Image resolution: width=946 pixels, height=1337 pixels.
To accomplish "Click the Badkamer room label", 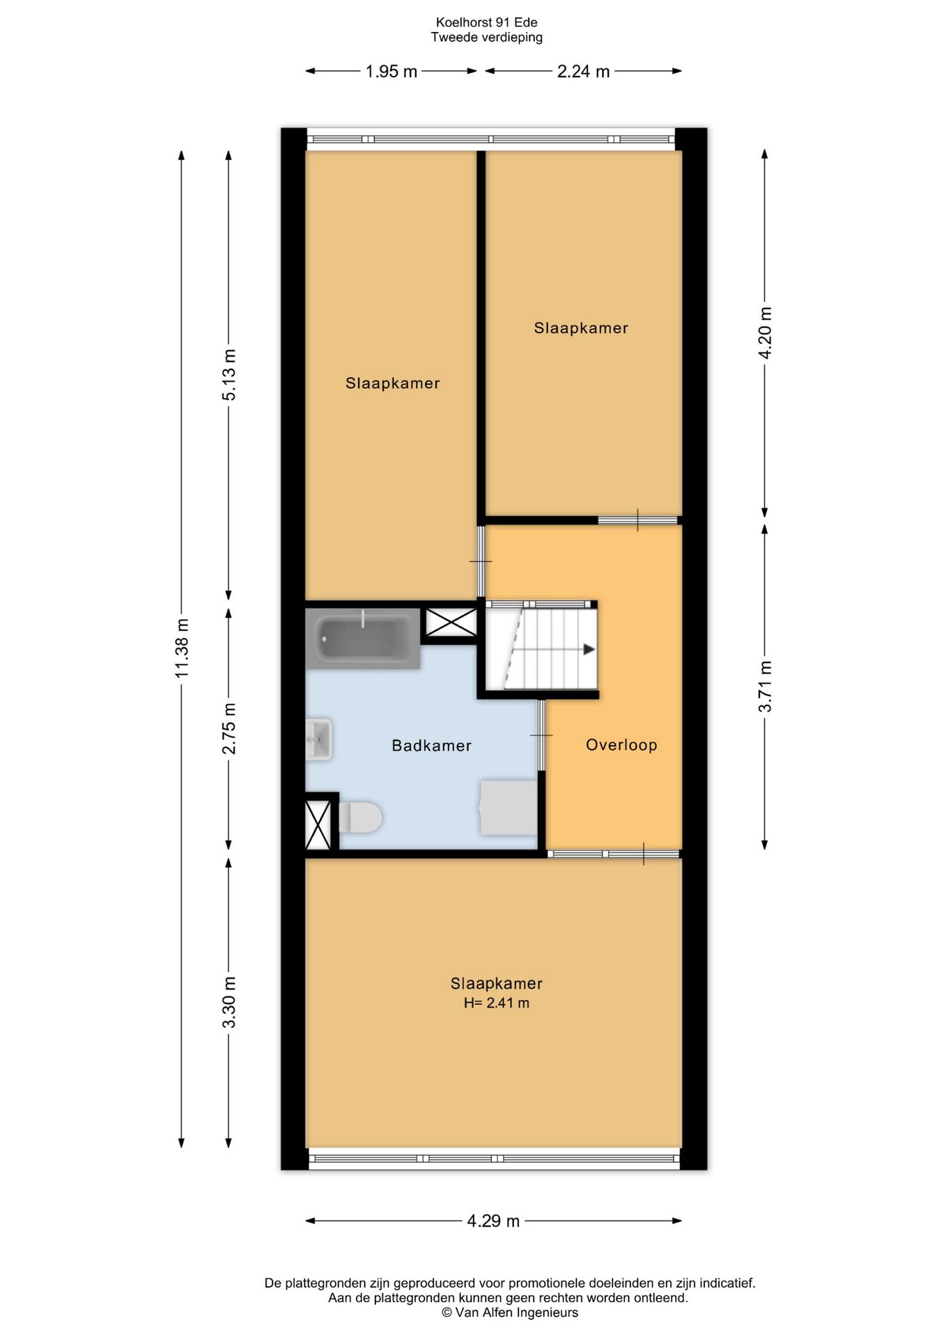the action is pyautogui.click(x=431, y=746).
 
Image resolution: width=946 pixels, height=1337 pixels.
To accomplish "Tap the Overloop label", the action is pyautogui.click(x=621, y=745).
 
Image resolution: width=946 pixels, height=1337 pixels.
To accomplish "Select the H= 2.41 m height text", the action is pyautogui.click(x=497, y=1003).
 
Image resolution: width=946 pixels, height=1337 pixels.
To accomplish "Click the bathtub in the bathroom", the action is pyautogui.click(x=363, y=639).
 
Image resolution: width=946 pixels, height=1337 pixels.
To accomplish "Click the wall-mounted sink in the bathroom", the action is pyautogui.click(x=318, y=740).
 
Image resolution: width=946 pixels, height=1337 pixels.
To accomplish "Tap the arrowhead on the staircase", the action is pyautogui.click(x=589, y=649).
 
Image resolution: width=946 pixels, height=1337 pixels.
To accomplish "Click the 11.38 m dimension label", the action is pyautogui.click(x=182, y=648).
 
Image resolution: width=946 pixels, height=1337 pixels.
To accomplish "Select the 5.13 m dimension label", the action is pyautogui.click(x=229, y=375).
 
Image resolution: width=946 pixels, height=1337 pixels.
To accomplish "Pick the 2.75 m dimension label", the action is pyautogui.click(x=229, y=728).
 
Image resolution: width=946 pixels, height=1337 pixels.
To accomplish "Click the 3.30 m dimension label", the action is pyautogui.click(x=229, y=1003).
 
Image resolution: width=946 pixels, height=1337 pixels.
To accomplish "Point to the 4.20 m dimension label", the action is pyautogui.click(x=765, y=333).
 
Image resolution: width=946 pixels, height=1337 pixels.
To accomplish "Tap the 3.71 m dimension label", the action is pyautogui.click(x=765, y=687).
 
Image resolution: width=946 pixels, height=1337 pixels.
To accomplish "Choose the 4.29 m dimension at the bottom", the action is pyautogui.click(x=493, y=1221).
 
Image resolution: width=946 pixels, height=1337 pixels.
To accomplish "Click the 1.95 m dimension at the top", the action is pyautogui.click(x=391, y=71).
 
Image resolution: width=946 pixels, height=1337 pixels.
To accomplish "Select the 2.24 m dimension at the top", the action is pyautogui.click(x=584, y=71).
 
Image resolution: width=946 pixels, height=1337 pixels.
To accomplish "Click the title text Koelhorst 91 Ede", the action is pyautogui.click(x=486, y=23).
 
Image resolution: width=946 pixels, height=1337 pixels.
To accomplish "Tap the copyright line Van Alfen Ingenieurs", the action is pyautogui.click(x=510, y=1313).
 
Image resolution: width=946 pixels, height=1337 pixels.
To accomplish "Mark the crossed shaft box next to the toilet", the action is pyautogui.click(x=318, y=825).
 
